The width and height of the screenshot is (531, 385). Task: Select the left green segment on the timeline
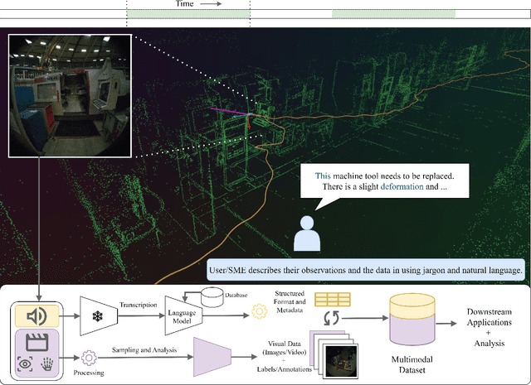[x=188, y=14]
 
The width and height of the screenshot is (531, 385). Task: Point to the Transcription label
[x=138, y=303]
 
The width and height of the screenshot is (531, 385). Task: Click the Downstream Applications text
[x=483, y=313]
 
